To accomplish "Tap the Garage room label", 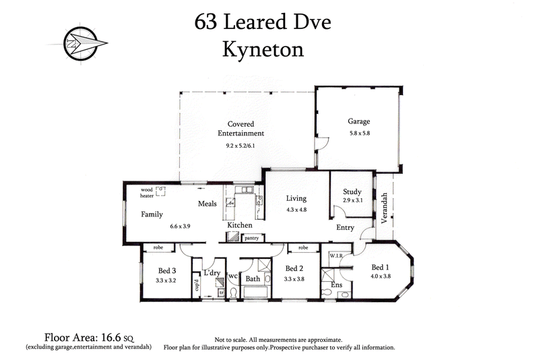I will (x=359, y=122).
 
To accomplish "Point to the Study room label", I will (x=352, y=192).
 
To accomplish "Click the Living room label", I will (x=296, y=198).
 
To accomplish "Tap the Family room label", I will (x=152, y=214).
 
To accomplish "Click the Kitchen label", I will (x=239, y=225).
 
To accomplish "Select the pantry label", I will (x=252, y=237).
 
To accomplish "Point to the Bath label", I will (x=253, y=279).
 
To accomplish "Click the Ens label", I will (x=337, y=285).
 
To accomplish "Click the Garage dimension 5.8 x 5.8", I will (x=359, y=133).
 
